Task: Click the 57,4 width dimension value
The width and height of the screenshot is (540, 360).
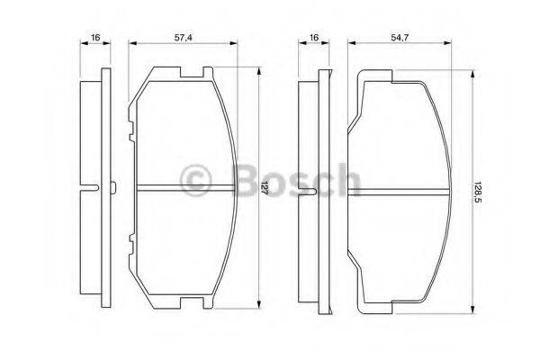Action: (x=183, y=38)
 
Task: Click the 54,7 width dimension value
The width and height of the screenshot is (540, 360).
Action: (x=400, y=38)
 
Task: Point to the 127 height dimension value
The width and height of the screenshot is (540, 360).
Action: (x=265, y=188)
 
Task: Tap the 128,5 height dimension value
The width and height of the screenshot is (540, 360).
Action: (x=478, y=193)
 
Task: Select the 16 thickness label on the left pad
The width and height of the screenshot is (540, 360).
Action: (x=95, y=37)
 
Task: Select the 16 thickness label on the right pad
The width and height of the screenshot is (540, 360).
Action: (x=314, y=37)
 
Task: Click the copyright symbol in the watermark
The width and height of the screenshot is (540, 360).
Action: (x=195, y=180)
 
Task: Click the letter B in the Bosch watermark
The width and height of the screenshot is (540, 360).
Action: (x=246, y=181)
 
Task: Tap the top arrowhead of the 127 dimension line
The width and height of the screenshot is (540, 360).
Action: (x=259, y=71)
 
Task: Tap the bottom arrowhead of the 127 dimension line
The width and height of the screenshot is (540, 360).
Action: (x=259, y=304)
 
